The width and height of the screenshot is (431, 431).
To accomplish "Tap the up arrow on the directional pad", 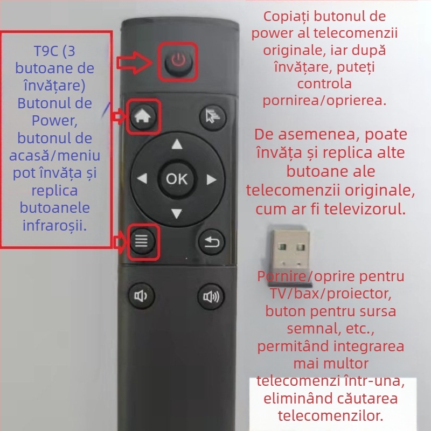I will tap(177, 144).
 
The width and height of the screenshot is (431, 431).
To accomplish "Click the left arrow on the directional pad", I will tap(142, 179).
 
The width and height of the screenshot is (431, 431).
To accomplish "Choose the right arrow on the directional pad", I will tap(211, 179).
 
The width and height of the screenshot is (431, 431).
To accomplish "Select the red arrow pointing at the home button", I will tap(119, 115).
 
